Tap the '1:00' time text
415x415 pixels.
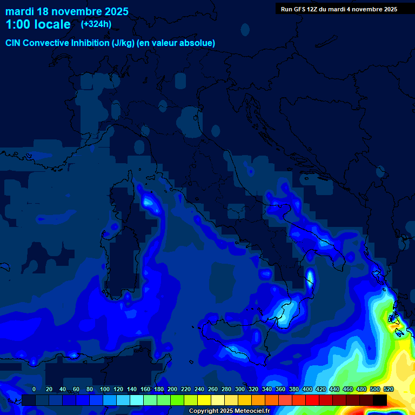click(18, 24)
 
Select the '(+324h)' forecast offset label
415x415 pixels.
click(96, 24)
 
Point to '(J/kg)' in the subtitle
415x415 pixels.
click(126, 43)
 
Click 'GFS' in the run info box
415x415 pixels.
click(300, 9)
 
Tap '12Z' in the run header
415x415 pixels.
click(314, 9)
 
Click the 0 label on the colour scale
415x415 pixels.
click(34, 389)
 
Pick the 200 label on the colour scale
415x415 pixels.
click(172, 389)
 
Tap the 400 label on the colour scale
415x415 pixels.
click(307, 389)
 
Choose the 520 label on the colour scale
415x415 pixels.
click(388, 389)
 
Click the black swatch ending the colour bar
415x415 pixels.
click(380, 400)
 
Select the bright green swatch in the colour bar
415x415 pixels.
click(177, 400)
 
